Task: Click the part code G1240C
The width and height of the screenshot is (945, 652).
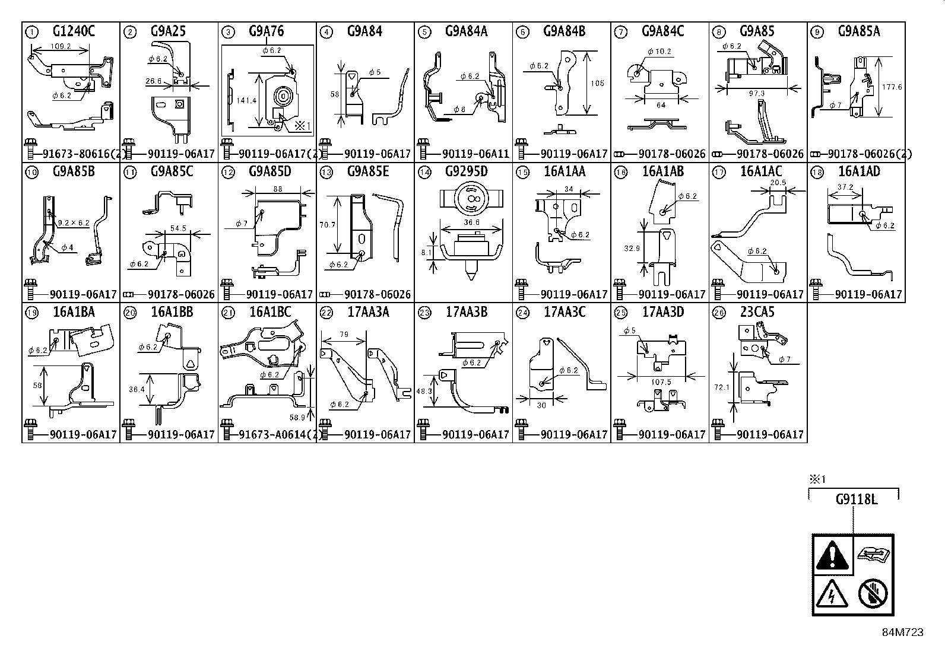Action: tap(74, 31)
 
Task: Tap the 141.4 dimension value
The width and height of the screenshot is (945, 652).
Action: tap(246, 101)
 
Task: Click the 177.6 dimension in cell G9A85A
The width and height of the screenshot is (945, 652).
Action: tap(892, 87)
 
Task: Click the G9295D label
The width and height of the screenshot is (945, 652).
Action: tap(466, 172)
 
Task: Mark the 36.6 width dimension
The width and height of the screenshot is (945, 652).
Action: tap(472, 222)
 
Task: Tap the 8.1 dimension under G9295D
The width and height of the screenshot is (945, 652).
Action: tap(426, 252)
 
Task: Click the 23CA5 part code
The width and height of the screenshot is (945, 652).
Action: tap(757, 312)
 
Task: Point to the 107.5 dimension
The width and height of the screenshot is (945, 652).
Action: tap(661, 383)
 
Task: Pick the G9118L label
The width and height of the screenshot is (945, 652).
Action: tap(855, 500)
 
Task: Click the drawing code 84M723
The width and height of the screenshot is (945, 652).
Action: tap(902, 632)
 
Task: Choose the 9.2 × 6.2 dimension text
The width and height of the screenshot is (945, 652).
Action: tap(73, 223)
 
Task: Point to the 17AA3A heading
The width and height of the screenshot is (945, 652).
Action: tap(368, 312)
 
